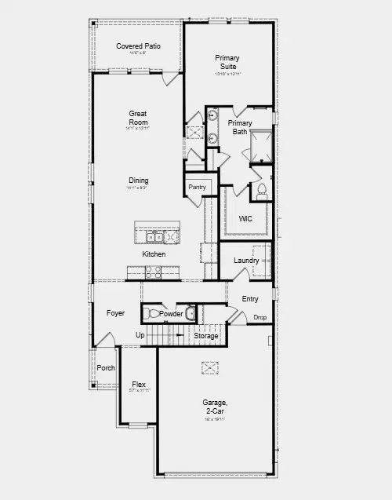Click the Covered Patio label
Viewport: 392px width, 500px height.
click(139, 46)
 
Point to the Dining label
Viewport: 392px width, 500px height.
click(138, 181)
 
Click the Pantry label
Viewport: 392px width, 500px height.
click(197, 187)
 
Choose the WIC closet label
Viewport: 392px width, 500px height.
click(246, 219)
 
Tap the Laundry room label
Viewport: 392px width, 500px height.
click(246, 261)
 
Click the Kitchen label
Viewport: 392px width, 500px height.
click(154, 254)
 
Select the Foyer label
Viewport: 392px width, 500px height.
click(115, 313)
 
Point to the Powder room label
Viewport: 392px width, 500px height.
click(171, 314)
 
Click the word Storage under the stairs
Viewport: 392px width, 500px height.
click(206, 336)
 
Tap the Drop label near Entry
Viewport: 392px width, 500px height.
click(260, 317)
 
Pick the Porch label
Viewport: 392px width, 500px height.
click(106, 368)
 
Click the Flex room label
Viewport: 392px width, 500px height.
click(139, 385)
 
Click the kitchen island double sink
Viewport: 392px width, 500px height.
click(154, 236)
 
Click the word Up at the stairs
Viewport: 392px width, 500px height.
click(140, 336)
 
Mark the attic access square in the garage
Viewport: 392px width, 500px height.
click(209, 367)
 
